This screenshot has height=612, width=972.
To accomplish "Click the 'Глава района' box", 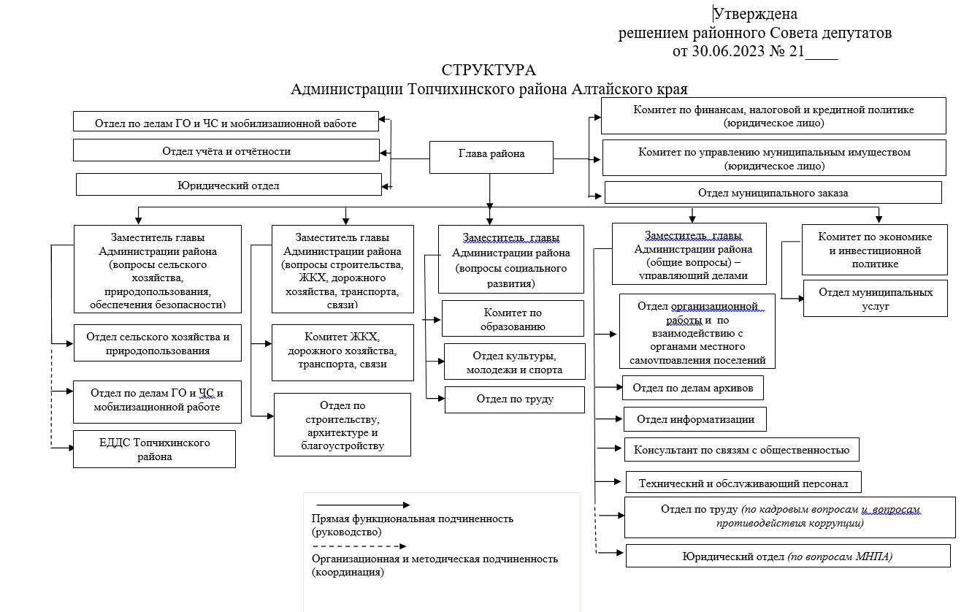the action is [491, 157].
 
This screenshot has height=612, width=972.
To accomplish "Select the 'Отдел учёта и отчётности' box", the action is [226, 150].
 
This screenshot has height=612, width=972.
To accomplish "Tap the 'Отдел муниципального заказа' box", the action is [773, 192].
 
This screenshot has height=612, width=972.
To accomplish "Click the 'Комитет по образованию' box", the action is [513, 318].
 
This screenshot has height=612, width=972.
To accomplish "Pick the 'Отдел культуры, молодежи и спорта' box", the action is [515, 362].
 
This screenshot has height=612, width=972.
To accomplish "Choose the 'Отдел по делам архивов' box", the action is [693, 388].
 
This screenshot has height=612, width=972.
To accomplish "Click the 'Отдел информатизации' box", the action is [695, 419].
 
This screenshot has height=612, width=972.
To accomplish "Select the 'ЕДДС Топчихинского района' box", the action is [155, 449].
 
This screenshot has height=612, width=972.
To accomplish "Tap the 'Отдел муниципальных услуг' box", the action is [875, 298].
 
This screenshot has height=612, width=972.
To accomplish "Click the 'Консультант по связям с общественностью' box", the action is [741, 450].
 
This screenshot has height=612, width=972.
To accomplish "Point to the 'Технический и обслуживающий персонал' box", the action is [743, 482].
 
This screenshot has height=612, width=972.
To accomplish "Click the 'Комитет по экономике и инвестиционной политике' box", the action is [874, 250].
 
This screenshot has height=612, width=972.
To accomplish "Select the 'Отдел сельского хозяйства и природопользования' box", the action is [158, 343].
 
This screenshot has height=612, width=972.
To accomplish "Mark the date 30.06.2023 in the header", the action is [728, 51].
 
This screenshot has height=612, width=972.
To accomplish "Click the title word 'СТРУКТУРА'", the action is [489, 70].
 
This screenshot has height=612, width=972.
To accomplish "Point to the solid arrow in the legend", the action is [363, 505].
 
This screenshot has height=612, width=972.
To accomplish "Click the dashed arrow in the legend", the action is [359, 546].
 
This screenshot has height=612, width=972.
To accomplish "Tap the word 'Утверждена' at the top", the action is [755, 14].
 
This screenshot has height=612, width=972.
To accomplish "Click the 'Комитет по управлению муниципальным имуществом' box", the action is [774, 158].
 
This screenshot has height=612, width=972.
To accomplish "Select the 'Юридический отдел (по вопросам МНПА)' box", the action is [788, 556].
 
